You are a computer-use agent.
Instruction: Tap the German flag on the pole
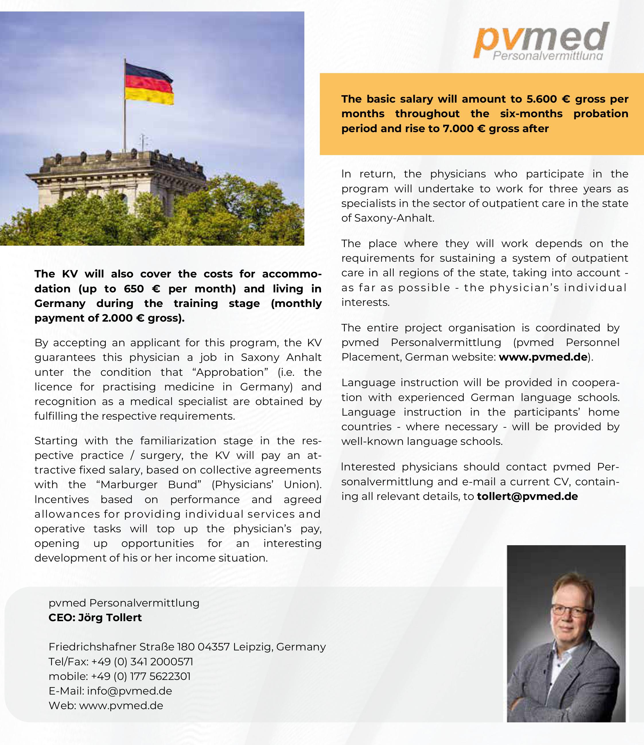(149, 84)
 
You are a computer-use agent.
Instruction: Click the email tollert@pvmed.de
(527, 496)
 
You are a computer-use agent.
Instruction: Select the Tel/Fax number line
(121, 662)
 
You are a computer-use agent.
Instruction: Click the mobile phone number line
(119, 676)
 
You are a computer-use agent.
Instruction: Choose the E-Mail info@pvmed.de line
(110, 691)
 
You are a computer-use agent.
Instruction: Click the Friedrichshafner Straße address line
(187, 647)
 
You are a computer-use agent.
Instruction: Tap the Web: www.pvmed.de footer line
(106, 706)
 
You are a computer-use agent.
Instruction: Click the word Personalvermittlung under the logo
(547, 56)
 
